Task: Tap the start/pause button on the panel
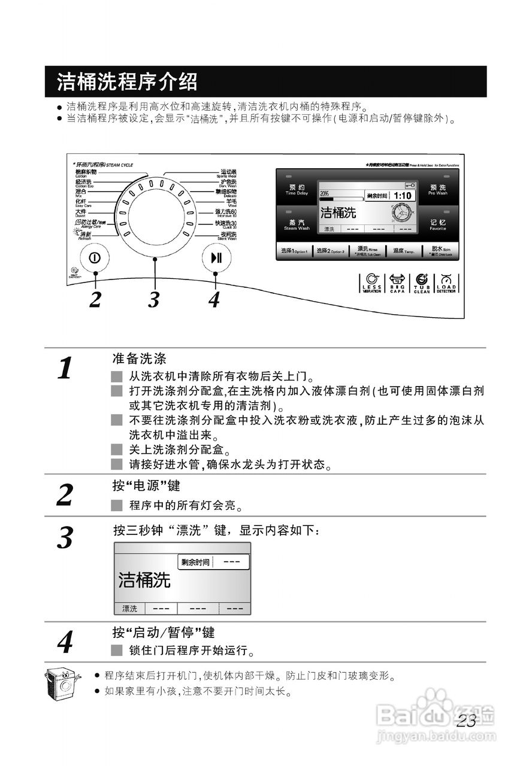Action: point(216,258)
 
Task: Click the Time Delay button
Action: point(297,190)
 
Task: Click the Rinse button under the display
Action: point(367,250)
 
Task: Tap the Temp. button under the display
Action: point(403,251)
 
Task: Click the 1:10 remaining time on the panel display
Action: point(403,196)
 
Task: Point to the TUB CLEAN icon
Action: point(421,283)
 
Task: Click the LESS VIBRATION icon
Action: point(371,283)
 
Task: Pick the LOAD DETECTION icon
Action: point(446,283)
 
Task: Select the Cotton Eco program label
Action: point(84,183)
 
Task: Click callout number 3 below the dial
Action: point(154,299)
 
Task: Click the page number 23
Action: point(466,721)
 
